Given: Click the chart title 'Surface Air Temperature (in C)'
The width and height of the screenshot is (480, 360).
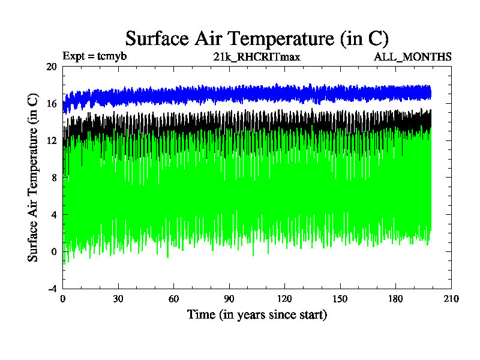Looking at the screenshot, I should click(257, 38).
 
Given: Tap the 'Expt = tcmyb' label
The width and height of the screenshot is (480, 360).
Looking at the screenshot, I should click(94, 56).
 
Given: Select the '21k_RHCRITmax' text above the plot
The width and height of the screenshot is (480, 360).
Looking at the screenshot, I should click(257, 56).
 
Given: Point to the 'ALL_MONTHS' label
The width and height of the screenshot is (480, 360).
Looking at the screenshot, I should click(413, 56).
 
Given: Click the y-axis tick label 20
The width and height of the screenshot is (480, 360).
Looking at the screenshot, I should click(52, 67).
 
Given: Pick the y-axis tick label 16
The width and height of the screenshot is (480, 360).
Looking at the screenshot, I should click(52, 104).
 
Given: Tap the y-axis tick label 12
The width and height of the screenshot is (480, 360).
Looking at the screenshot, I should click(52, 140).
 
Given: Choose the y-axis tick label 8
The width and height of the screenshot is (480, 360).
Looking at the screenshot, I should click(54, 178).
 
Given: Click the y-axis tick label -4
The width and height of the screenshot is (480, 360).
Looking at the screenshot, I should click(52, 289).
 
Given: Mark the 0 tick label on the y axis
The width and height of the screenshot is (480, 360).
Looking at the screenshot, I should click(54, 251).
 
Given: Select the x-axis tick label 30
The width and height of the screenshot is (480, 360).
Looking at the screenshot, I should click(118, 299).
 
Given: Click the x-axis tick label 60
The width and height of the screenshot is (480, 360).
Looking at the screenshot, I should click(173, 299).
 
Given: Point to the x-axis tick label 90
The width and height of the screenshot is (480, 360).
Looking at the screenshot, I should click(229, 299).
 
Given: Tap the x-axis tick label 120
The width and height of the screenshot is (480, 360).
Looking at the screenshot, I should click(284, 299).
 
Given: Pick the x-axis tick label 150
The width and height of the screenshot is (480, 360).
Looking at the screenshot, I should click(340, 299).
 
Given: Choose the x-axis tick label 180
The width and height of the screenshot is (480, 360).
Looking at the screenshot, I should click(395, 299).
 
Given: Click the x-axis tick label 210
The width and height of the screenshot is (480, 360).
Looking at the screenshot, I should click(451, 299).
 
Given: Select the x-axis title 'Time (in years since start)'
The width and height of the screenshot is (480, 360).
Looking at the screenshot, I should click(257, 314).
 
